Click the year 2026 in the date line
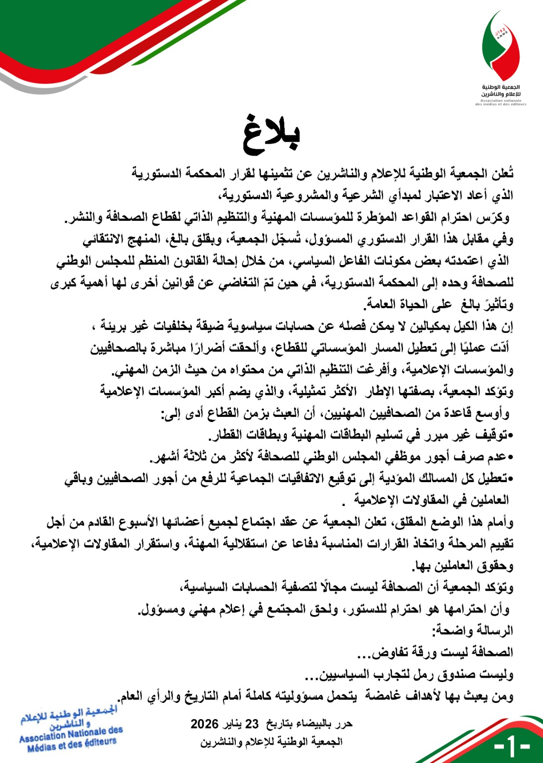click(204, 724)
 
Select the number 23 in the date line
click(251, 724)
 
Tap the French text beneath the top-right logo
click(501, 103)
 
